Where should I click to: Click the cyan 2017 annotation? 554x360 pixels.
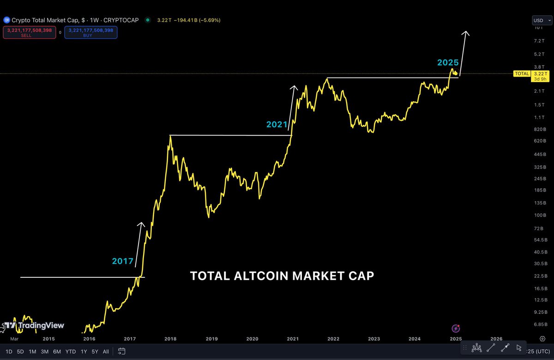click(x=122, y=261)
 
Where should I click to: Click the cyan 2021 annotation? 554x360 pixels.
click(x=277, y=124)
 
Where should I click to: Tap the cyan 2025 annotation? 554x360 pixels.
click(x=448, y=62)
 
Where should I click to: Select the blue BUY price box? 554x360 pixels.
click(x=90, y=32)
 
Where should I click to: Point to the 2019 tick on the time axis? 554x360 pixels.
click(x=211, y=338)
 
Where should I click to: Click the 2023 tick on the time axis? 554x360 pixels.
click(x=374, y=338)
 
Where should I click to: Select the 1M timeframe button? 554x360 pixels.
click(x=32, y=351)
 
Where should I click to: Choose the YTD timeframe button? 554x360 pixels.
click(x=71, y=351)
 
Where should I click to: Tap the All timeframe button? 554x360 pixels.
click(x=106, y=351)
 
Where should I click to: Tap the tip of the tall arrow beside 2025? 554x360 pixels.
click(x=466, y=32)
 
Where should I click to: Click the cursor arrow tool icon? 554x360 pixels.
click(x=519, y=348)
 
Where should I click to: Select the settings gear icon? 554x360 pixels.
click(x=542, y=338)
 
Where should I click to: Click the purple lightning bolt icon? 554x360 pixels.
click(x=456, y=328)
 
